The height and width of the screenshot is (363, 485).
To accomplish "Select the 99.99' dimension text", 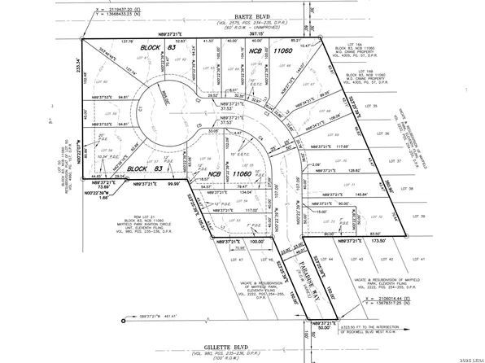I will click(172, 185).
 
